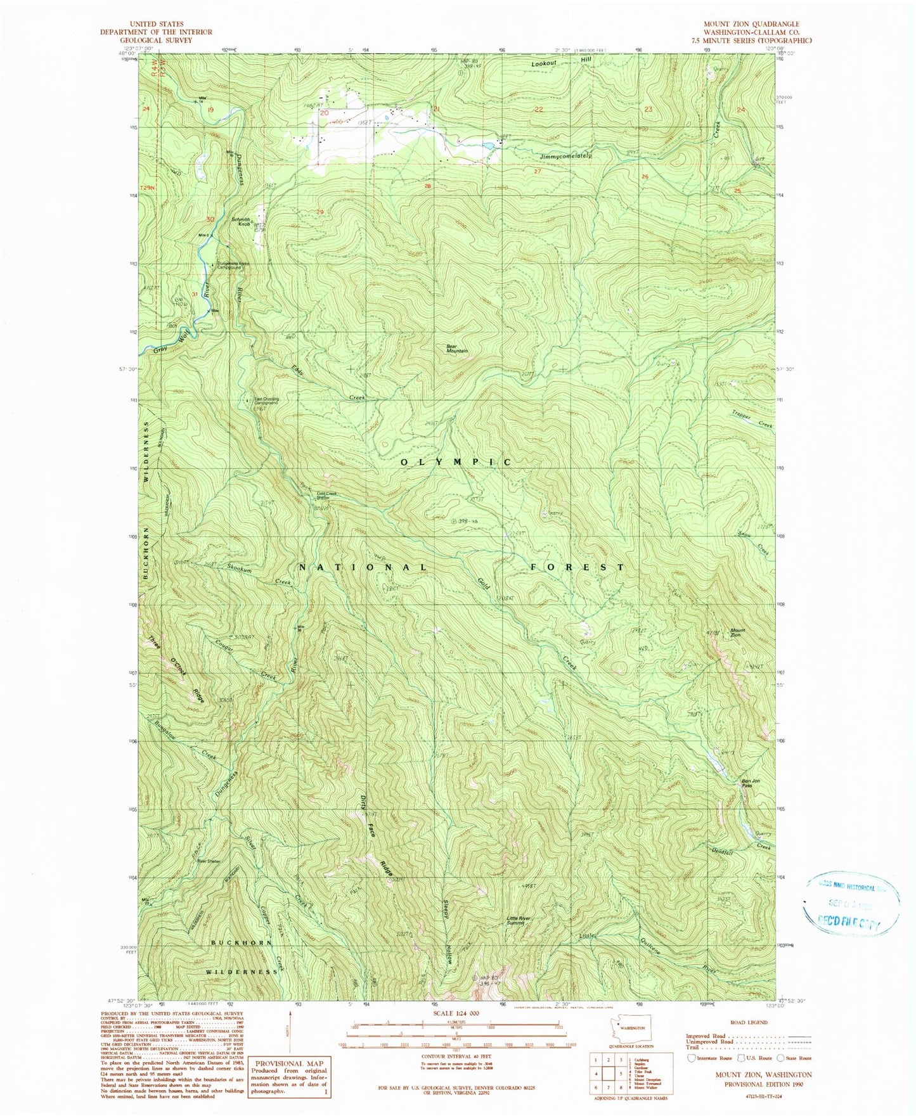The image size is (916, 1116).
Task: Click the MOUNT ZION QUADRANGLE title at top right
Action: (x=751, y=23)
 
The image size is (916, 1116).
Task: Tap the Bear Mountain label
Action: (x=457, y=349)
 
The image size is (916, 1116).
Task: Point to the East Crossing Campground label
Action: (x=266, y=401)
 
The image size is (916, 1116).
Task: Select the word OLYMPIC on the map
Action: (x=455, y=463)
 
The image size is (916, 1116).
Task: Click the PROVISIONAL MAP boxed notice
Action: (x=289, y=1076)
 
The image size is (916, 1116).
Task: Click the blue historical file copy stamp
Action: (x=851, y=903)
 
